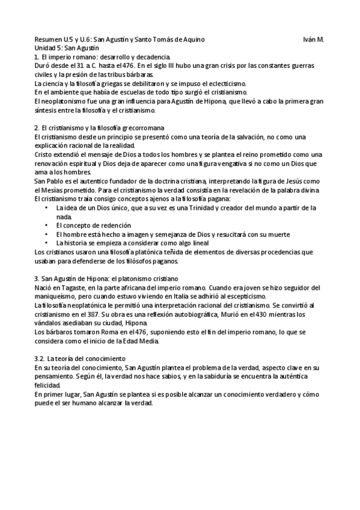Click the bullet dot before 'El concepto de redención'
(x=47, y=225)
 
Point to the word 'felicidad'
(x=47, y=386)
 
